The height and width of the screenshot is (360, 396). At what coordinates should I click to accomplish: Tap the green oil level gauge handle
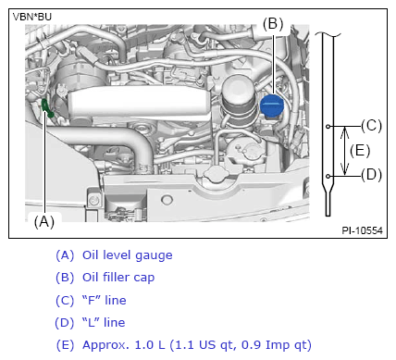(x=46, y=108)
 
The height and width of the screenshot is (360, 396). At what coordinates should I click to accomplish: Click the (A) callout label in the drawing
(x=44, y=221)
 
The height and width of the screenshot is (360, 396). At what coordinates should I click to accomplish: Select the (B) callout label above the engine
(x=273, y=24)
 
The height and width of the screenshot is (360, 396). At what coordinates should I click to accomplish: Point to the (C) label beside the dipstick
(x=372, y=126)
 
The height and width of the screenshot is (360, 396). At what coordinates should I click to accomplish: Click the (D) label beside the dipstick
(x=372, y=175)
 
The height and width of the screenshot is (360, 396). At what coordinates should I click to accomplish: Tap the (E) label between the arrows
(x=360, y=151)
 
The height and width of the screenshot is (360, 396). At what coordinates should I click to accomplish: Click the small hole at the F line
(x=328, y=126)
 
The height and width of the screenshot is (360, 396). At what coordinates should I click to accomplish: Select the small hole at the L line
(x=328, y=176)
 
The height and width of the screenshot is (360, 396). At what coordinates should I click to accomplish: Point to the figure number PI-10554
(x=362, y=230)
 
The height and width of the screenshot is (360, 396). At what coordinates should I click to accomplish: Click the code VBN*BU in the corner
(x=32, y=17)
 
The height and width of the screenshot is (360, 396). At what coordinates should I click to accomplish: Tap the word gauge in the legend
(x=154, y=256)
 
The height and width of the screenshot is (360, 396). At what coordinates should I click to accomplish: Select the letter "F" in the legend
(x=92, y=300)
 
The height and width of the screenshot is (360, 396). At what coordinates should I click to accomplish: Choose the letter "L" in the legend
(x=91, y=322)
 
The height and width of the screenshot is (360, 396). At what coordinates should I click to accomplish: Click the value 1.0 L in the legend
(x=150, y=345)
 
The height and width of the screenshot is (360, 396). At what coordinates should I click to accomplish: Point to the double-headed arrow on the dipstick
(x=345, y=151)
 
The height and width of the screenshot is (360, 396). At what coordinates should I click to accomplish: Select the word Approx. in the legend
(x=105, y=345)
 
